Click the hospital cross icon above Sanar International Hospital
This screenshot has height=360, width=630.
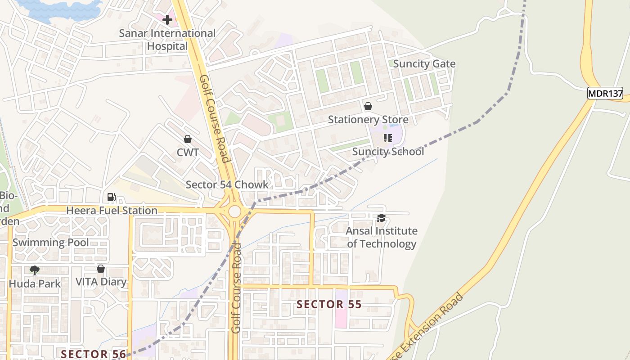point(167,20)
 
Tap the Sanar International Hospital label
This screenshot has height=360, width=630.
point(167,40)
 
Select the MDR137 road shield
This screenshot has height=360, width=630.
point(605,94)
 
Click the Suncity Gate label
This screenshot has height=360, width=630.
point(424,64)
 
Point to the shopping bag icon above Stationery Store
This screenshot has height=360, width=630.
point(368,106)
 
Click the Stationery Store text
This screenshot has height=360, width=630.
point(368,120)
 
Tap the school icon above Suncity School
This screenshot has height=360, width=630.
point(387,138)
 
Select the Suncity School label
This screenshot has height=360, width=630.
point(387,152)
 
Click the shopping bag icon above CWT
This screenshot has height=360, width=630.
point(188,139)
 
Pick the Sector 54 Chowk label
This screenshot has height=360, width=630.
point(227,184)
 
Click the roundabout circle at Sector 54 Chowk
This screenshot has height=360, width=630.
point(234,211)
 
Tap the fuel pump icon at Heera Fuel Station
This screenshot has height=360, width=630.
point(111,197)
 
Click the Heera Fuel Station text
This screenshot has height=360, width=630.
point(112,210)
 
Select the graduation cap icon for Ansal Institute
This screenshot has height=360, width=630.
point(381,218)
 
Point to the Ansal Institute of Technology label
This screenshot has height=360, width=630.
point(382,237)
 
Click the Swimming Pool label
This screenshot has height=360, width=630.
point(50,243)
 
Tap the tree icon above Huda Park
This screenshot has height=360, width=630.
point(34,270)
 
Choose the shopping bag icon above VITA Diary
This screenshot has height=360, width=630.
point(101,269)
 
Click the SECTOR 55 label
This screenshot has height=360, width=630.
point(329,305)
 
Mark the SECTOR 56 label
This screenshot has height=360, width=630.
point(94,354)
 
